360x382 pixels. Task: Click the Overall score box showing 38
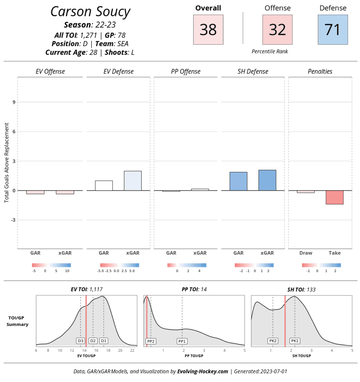coord(208,29)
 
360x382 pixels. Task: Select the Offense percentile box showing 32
coord(277,29)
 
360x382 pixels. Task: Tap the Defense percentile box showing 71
coord(333,29)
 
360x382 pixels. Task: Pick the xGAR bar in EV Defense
coord(133,181)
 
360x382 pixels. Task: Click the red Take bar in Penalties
coord(334,197)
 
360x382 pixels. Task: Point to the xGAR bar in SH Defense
coord(267,181)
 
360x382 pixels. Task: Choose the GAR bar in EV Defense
coord(104,186)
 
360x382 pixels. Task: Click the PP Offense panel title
coord(186,72)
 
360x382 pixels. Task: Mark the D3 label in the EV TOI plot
coord(81,341)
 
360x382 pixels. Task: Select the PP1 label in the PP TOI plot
coord(182,341)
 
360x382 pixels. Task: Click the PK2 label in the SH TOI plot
coord(273,341)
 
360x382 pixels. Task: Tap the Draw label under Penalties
coord(306,253)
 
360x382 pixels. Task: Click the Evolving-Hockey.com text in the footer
coord(202,372)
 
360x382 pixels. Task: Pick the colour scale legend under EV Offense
coord(52,265)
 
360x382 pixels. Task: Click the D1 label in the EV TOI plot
coord(103,341)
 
